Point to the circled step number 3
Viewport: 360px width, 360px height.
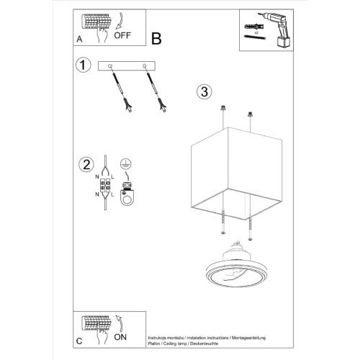204,91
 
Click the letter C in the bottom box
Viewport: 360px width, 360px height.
78,339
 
